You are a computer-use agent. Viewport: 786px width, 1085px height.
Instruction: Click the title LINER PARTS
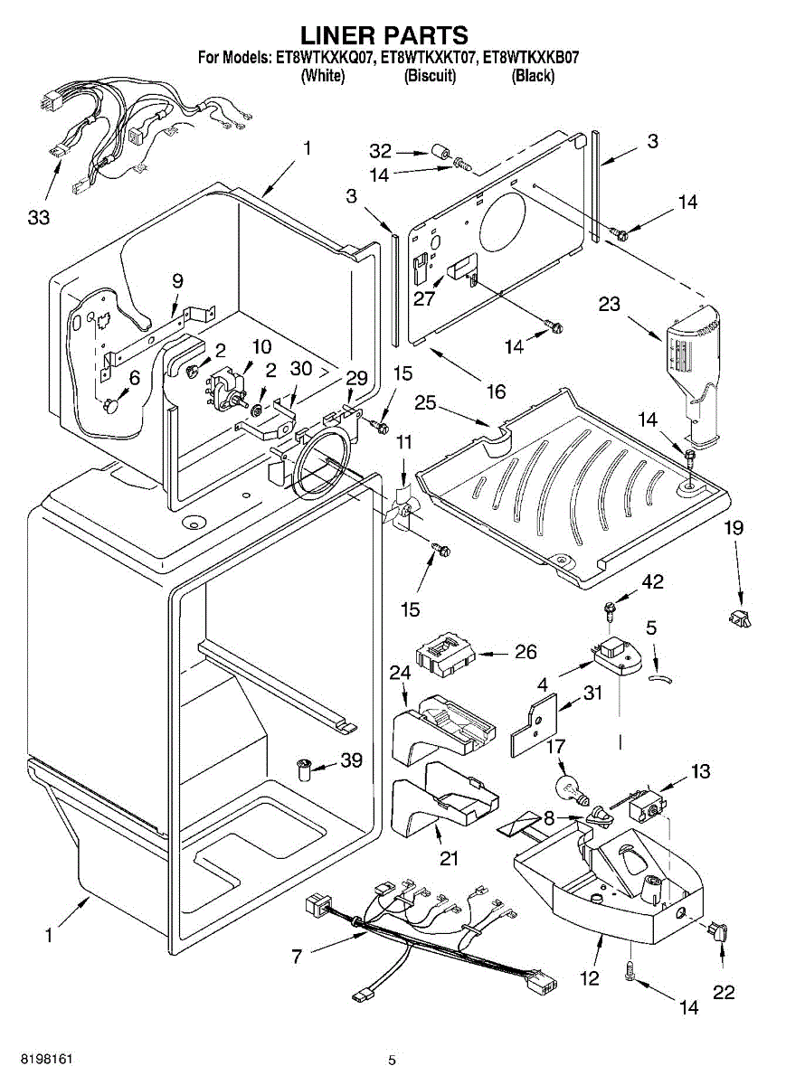pyautogui.click(x=384, y=35)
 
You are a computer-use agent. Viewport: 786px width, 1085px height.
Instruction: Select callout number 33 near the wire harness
pyautogui.click(x=38, y=217)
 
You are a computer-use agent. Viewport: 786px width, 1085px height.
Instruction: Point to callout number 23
pyautogui.click(x=609, y=304)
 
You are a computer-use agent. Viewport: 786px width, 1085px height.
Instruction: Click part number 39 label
pyautogui.click(x=350, y=761)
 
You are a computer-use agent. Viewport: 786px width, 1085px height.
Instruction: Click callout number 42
pyautogui.click(x=652, y=583)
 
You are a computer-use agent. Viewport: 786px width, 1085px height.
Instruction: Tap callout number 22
pyautogui.click(x=724, y=993)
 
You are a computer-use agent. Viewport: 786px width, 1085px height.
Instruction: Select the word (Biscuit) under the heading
pyautogui.click(x=430, y=76)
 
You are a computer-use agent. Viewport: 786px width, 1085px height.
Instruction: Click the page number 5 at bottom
pyautogui.click(x=392, y=1059)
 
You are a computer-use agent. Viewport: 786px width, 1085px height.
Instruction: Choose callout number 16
pyautogui.click(x=496, y=391)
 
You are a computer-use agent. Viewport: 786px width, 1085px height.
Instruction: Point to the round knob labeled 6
pyautogui.click(x=112, y=405)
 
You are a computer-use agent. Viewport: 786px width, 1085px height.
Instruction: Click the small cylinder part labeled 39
pyautogui.click(x=304, y=769)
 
